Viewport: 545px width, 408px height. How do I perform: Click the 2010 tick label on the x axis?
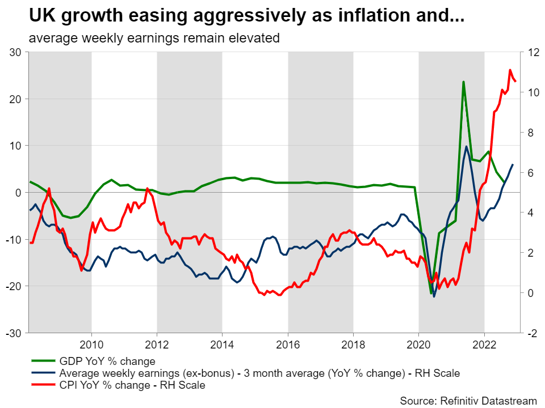click(x=91, y=345)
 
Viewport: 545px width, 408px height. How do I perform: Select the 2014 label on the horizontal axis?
click(x=222, y=345)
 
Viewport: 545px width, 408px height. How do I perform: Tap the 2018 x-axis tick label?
click(x=353, y=345)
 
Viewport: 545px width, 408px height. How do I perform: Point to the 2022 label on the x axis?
click(x=484, y=345)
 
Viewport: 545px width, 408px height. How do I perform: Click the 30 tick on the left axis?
click(x=15, y=52)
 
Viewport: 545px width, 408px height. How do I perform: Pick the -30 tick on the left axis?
click(x=14, y=333)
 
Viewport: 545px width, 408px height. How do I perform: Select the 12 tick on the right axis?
click(x=533, y=52)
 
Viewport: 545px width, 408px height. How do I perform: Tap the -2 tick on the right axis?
click(x=532, y=333)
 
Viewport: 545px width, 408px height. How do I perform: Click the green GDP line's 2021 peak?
click(x=464, y=83)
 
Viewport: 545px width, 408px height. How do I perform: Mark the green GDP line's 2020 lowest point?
click(x=430, y=293)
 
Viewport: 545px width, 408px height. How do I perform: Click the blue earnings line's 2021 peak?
click(x=466, y=146)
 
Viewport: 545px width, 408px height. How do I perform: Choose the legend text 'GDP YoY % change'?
click(x=107, y=360)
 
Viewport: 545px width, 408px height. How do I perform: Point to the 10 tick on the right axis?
click(x=533, y=92)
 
